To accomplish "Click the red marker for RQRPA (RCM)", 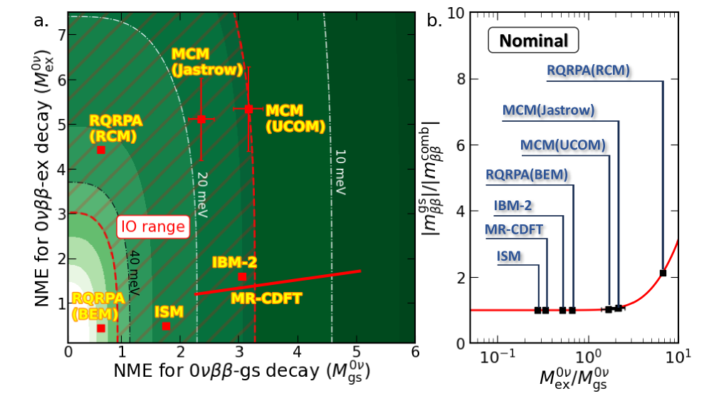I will [101, 150].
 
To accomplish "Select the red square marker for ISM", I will [166, 326].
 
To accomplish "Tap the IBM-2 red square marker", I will [242, 276].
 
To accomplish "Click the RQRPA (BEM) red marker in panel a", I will [101, 328].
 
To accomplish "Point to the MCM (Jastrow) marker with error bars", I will [201, 119].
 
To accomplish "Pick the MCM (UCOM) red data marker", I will [248, 109].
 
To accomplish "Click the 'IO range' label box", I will [152, 228].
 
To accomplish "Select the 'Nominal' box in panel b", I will [533, 41].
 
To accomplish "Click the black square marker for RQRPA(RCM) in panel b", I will [663, 273].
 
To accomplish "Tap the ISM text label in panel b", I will [510, 255].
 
